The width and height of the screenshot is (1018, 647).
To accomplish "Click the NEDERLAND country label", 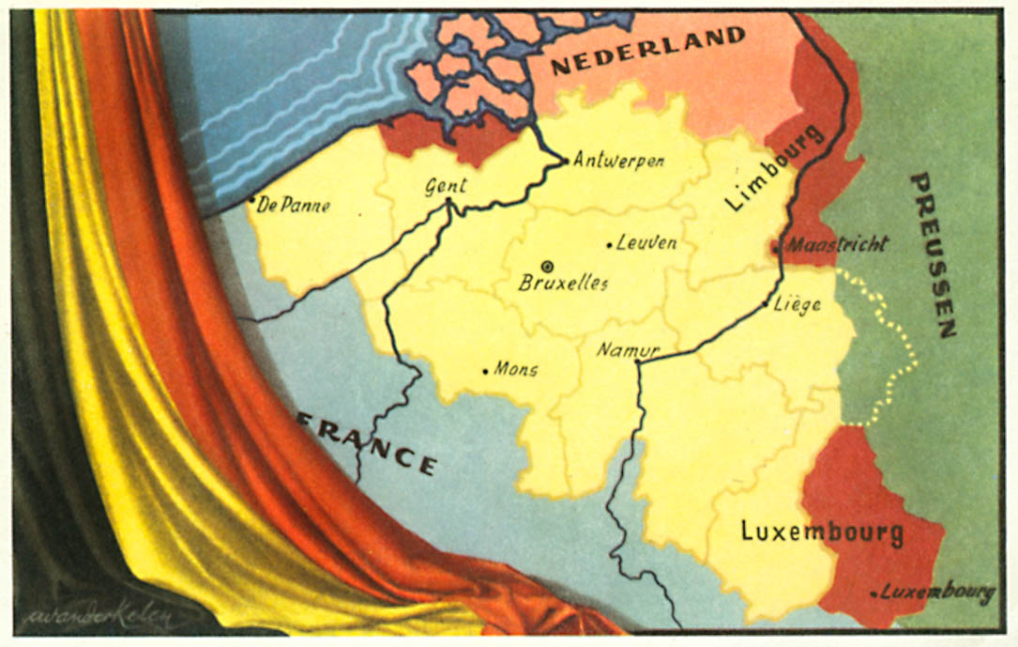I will pyautogui.click(x=648, y=53).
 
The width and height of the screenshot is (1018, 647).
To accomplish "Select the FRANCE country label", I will pyautogui.click(x=369, y=443).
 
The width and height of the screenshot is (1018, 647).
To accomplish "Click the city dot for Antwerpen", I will pyautogui.click(x=566, y=161).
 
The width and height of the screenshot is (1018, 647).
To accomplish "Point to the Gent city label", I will pyautogui.click(x=446, y=186).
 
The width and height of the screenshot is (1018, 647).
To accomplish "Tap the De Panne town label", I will pyautogui.click(x=293, y=205).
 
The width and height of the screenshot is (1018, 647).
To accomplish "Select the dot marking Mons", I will pyautogui.click(x=485, y=371).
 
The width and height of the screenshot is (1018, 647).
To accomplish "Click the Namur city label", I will pyautogui.click(x=629, y=351).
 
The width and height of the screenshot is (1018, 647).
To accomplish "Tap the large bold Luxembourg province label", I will pyautogui.click(x=822, y=531).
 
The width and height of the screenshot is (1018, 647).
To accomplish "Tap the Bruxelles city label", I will pyautogui.click(x=564, y=284).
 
